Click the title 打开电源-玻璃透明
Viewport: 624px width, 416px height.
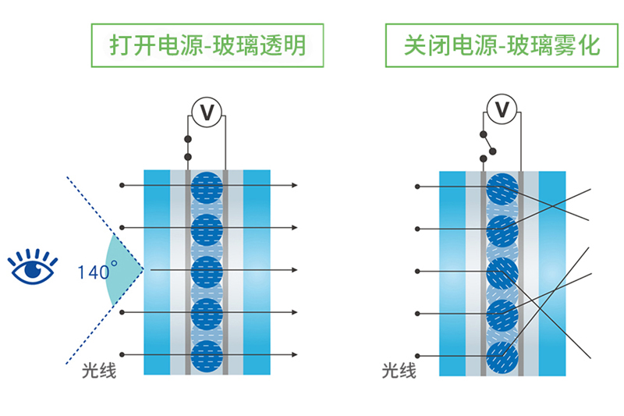click(207, 46)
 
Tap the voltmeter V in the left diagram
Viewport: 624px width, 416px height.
click(207, 112)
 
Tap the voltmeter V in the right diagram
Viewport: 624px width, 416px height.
click(502, 108)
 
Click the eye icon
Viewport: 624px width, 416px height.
click(32, 266)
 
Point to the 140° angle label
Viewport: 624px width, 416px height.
click(98, 272)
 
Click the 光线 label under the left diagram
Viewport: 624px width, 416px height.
click(99, 371)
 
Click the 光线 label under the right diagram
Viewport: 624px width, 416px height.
click(399, 371)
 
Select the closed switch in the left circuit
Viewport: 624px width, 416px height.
click(187, 148)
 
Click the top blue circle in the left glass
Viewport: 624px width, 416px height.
click(207, 187)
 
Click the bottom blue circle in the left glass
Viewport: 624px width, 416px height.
click(207, 355)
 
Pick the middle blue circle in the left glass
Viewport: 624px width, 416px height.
click(207, 271)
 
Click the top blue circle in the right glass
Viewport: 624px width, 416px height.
click(502, 188)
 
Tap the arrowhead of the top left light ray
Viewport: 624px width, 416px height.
click(295, 186)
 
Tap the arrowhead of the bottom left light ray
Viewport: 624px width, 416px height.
click(295, 355)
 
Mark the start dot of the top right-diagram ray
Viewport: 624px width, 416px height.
click(418, 187)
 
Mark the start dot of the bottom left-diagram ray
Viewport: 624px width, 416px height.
click(121, 355)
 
